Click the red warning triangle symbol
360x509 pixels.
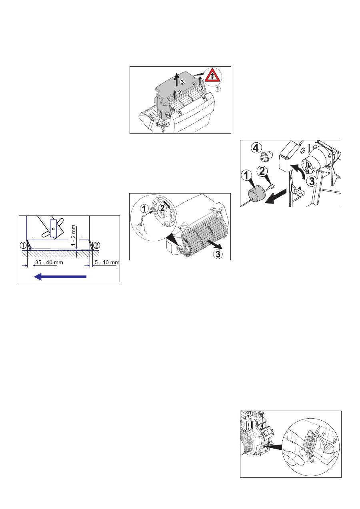click(212, 76)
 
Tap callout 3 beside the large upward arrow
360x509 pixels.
click(182, 82)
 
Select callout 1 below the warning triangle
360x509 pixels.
click(218, 88)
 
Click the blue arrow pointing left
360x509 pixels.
click(60, 277)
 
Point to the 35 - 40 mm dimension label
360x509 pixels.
click(49, 263)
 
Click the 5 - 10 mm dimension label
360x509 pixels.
click(107, 263)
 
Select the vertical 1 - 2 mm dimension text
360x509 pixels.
click(74, 236)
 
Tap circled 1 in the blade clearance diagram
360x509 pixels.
click(23, 246)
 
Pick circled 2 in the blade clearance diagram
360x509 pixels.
click(96, 245)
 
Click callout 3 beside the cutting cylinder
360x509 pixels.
click(218, 254)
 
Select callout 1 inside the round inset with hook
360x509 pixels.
click(144, 208)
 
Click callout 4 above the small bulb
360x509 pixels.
click(256, 148)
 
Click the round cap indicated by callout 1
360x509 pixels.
click(255, 194)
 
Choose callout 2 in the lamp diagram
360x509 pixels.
click(262, 171)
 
